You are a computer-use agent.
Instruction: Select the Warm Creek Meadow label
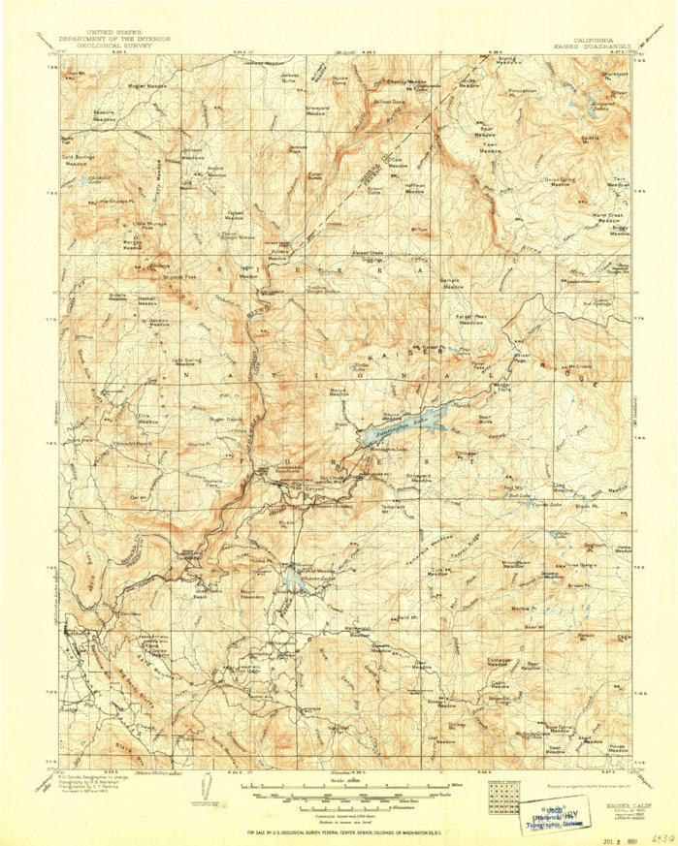607,217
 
